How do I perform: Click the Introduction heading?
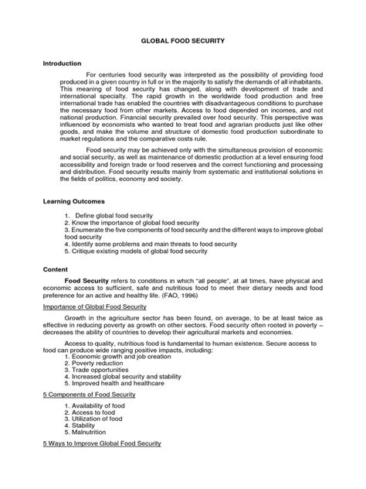tap(62, 63)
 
